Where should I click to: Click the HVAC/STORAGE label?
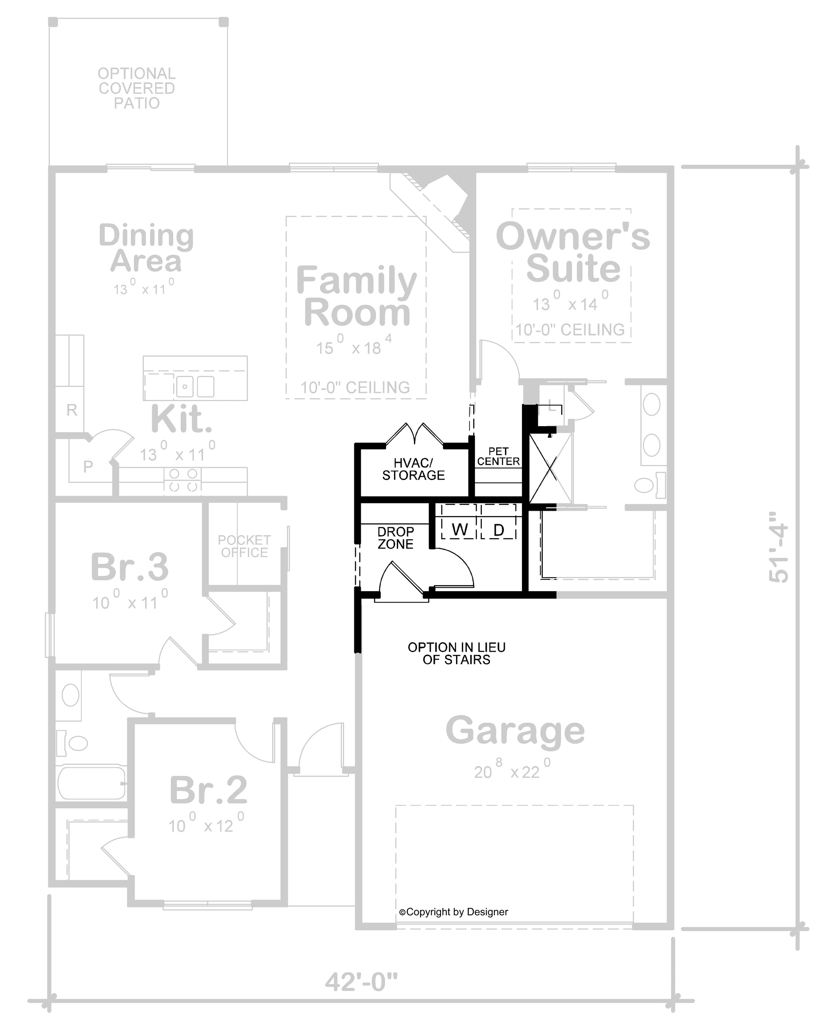click(413, 469)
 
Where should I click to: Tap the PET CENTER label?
click(499, 456)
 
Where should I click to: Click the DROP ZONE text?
click(395, 538)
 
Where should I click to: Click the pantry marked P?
click(87, 466)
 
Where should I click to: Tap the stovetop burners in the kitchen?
click(183, 480)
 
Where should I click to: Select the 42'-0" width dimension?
click(361, 982)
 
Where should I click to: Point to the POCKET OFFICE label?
click(244, 546)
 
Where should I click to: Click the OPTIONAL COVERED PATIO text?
click(137, 88)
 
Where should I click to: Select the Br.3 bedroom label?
click(129, 567)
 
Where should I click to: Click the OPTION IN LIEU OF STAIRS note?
click(457, 653)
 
